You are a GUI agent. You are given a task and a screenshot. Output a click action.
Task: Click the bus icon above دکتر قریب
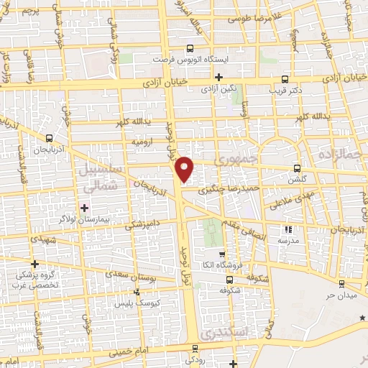[286, 80]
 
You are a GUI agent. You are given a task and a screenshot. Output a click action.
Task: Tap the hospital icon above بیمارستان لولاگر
[85, 206]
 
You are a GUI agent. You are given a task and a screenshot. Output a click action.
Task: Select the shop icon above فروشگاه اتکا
[222, 254]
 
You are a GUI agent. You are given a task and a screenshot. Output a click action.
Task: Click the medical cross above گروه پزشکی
[34, 264]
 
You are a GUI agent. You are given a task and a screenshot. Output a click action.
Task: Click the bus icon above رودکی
[194, 348]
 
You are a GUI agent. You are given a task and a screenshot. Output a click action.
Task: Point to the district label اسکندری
[224, 334]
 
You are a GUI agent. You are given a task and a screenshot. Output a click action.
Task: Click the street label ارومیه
[143, 142]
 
